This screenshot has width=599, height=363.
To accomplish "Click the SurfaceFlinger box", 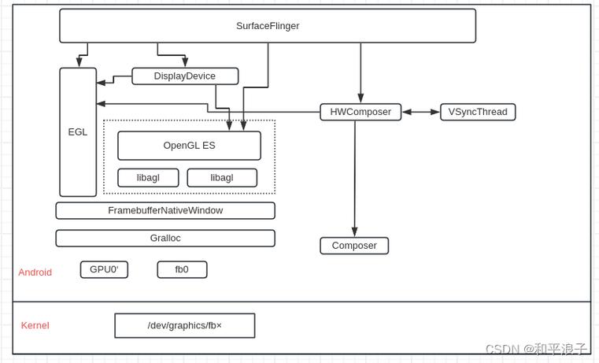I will tap(268, 26).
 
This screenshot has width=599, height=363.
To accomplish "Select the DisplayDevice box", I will tap(185, 76).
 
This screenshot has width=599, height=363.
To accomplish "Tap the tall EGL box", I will tap(78, 132).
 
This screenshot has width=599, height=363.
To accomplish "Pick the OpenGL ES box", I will tap(189, 146).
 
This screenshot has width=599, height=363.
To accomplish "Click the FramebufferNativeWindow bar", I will tap(165, 211).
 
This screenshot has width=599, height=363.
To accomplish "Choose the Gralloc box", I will tap(165, 239).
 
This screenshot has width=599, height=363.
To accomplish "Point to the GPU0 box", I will tap(104, 270).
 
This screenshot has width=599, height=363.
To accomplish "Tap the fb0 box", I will tap(182, 270).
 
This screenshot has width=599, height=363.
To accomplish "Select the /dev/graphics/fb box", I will tap(185, 326).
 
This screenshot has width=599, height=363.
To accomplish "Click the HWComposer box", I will tap(361, 112).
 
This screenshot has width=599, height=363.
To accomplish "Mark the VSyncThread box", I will tap(478, 112).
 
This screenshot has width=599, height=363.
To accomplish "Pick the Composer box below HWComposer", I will tap(354, 246).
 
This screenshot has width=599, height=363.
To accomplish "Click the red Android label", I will tap(35, 272).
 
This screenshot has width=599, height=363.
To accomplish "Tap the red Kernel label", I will tap(35, 326).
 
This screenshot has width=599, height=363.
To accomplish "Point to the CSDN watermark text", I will tap(536, 349).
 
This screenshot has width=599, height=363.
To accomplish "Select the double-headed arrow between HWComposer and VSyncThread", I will tap(421, 112).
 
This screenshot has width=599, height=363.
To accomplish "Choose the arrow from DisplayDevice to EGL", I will tap(113, 80).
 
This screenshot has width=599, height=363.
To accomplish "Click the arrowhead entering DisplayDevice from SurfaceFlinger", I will tap(185, 62).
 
